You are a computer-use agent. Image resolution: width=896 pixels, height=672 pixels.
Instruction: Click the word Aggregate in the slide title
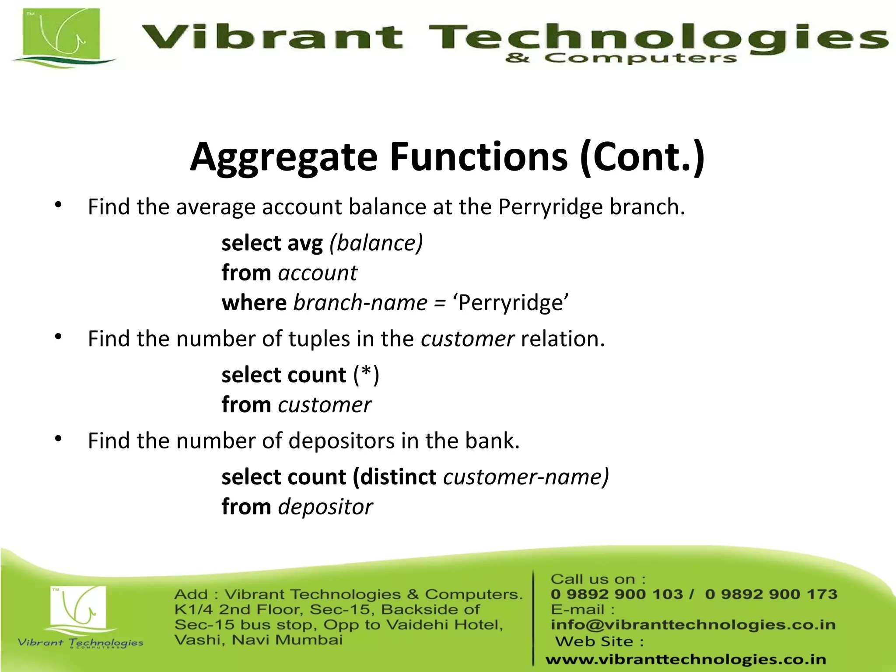(x=283, y=157)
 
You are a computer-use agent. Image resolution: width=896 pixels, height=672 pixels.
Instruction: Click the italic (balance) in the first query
(x=376, y=243)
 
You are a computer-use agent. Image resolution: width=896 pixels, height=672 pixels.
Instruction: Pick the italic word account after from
(x=318, y=273)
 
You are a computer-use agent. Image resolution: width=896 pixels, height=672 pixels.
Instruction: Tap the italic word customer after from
(x=325, y=405)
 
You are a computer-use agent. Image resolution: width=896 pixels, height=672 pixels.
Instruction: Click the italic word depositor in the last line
(x=325, y=507)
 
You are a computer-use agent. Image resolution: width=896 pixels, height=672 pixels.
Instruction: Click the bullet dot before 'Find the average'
(x=59, y=205)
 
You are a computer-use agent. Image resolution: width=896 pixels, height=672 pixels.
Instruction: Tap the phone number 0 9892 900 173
(x=771, y=594)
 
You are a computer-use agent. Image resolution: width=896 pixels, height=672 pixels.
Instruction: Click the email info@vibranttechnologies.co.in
(x=693, y=625)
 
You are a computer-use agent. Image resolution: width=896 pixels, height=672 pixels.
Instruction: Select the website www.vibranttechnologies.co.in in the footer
(x=686, y=659)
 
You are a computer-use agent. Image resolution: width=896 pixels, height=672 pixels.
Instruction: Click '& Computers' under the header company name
(x=621, y=58)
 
